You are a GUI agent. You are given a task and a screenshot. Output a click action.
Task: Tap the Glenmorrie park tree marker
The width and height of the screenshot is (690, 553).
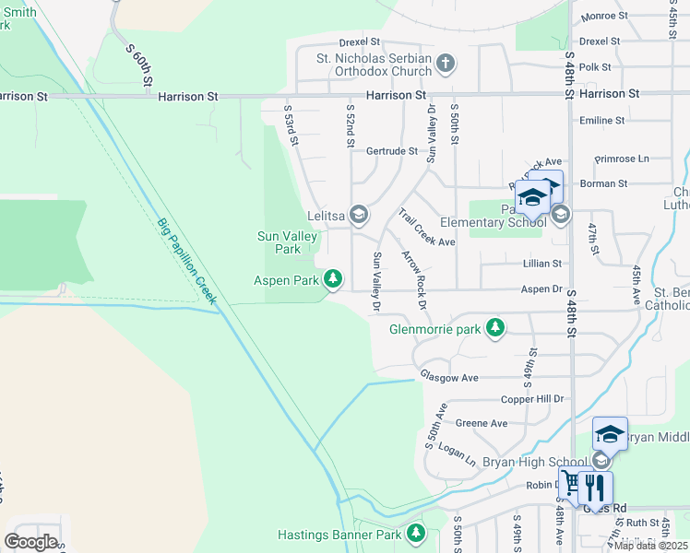(x=495, y=327)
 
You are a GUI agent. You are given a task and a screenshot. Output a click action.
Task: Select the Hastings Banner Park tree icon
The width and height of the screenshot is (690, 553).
(x=416, y=533)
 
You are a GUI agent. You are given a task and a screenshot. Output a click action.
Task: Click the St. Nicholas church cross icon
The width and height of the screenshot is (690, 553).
(x=446, y=63)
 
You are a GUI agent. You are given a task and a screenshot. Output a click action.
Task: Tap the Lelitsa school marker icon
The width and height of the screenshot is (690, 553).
(x=359, y=215)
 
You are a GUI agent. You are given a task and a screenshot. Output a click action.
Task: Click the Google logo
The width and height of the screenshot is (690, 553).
(x=30, y=541)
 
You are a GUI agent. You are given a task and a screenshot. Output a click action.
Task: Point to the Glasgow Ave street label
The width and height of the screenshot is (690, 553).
(x=449, y=377)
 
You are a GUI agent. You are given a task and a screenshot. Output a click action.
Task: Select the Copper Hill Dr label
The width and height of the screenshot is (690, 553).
(x=530, y=399)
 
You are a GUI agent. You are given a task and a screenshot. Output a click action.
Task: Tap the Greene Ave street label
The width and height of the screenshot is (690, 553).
(x=482, y=423)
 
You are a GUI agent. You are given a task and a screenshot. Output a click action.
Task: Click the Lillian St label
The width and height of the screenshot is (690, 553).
(x=542, y=264)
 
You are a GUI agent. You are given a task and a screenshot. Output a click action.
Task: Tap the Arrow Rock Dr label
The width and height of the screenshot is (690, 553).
(x=414, y=279)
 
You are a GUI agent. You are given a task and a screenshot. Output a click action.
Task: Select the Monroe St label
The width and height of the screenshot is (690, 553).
(x=604, y=16)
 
